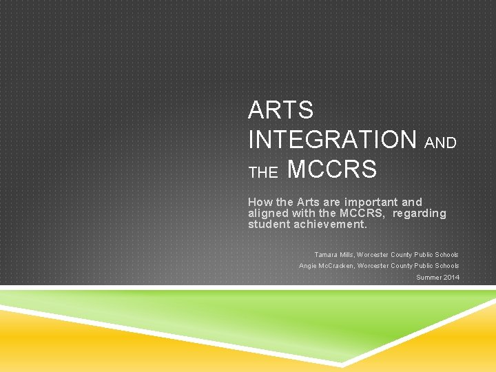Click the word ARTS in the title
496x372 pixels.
coord(280,110)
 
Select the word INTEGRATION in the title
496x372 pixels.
coord(332,140)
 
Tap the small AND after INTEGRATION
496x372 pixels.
coord(440,143)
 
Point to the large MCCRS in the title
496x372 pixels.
coord(331,169)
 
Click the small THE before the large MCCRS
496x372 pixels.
coord(262,174)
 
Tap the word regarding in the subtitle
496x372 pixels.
coord(420,214)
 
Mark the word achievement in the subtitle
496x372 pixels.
coord(333,225)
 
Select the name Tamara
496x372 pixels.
coord(327,255)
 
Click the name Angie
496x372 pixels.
coord(308,266)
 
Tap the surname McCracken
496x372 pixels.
coord(336,266)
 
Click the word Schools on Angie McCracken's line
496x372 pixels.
coord(447,266)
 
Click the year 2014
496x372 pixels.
coord(451,278)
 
